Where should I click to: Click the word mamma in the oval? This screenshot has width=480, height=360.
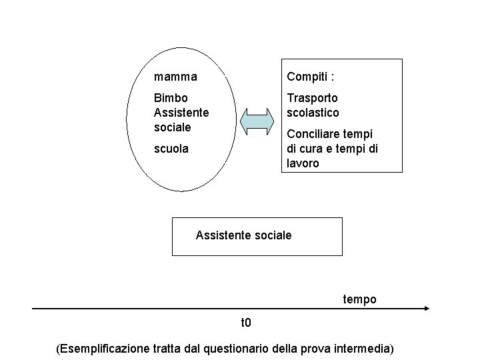coord(175,77)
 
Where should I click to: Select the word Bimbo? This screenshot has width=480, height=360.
coord(171,98)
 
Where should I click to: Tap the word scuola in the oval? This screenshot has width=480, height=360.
coord(171,149)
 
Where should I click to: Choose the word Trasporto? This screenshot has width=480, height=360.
coord(312,98)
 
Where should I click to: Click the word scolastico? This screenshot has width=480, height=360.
coord(313,113)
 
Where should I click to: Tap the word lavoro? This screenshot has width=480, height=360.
coord(303,163)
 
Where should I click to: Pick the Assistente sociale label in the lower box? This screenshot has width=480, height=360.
coord(243,235)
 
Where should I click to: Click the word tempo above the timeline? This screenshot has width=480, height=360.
coord(360,299)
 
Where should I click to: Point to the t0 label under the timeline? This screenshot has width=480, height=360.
coord(246,323)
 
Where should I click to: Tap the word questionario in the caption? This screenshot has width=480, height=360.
coord(242,349)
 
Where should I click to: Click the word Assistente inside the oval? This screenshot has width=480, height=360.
coord(181,113)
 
